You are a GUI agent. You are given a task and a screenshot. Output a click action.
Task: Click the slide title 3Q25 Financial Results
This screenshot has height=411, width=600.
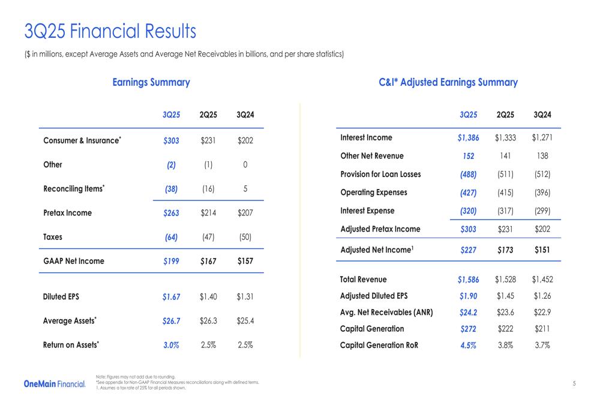110,31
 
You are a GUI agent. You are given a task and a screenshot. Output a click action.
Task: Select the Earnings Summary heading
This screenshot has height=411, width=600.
151,82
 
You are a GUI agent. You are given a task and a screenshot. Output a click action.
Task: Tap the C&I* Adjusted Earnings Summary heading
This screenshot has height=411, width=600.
448,82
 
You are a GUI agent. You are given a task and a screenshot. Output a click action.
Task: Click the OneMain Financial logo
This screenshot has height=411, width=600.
55,383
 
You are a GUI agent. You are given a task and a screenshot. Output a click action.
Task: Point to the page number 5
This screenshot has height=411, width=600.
574,383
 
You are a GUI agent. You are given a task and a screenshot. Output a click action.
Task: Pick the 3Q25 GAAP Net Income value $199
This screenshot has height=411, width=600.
171,261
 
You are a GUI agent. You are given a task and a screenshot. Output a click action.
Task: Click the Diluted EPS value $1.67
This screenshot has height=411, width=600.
171,297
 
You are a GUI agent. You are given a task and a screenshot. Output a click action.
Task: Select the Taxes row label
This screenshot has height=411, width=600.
53,237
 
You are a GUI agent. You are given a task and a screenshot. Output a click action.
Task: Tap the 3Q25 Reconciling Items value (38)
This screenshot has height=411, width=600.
171,189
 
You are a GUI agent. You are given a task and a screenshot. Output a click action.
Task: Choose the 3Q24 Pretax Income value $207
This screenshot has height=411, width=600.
245,213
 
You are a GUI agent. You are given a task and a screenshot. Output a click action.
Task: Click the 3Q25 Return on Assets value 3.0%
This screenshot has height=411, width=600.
171,345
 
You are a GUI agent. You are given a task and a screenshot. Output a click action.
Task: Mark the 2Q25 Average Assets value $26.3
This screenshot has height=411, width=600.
208,321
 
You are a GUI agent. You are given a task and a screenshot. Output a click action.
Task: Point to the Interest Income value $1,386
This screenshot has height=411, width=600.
468,138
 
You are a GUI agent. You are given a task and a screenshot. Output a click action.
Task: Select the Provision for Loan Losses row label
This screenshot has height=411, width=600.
380,175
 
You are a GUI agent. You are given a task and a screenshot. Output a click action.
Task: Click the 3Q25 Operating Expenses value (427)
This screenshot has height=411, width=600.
468,193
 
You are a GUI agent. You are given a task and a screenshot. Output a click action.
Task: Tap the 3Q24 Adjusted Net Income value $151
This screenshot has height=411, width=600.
542,250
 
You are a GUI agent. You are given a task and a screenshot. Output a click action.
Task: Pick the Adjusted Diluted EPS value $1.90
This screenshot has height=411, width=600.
468,296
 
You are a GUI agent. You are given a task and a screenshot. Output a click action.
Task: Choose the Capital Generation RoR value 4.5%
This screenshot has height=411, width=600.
468,345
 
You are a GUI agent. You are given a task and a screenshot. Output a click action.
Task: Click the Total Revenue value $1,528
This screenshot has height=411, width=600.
505,280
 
